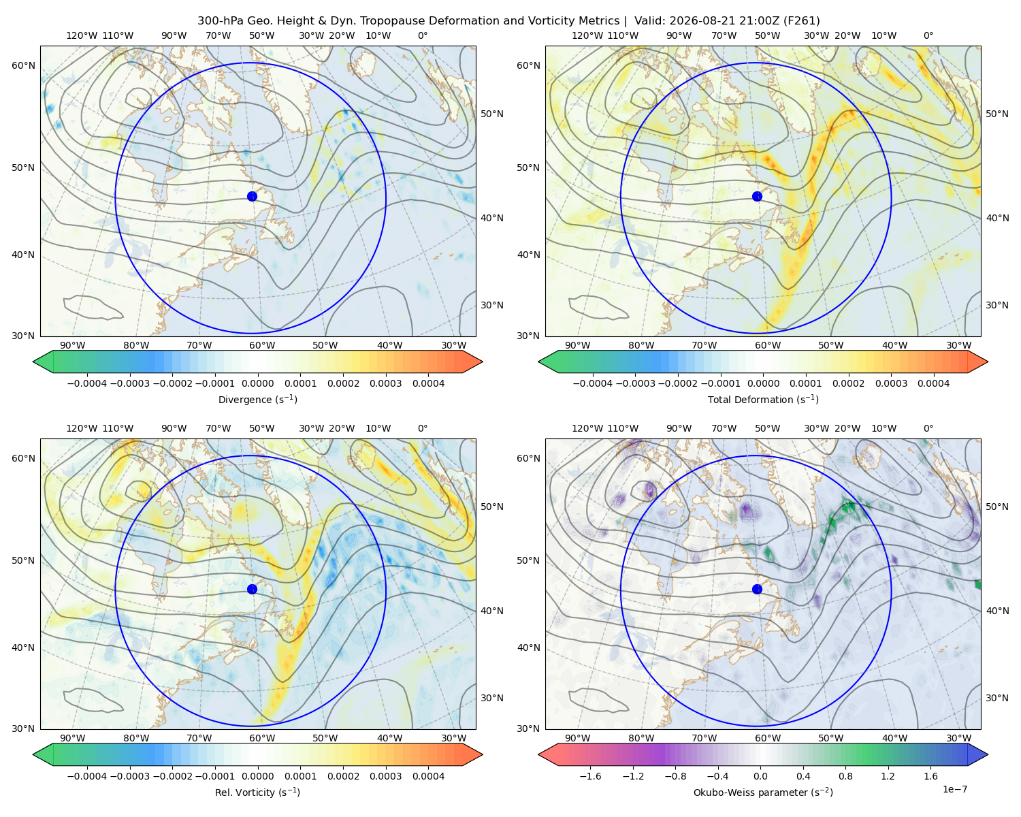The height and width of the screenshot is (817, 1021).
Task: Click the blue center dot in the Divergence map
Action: pos(252,196)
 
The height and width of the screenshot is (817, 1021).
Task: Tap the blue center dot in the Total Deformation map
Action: pos(757,196)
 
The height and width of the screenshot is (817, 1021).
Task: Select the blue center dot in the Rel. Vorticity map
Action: pos(252,589)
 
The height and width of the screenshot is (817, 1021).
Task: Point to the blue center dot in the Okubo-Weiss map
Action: pos(757,589)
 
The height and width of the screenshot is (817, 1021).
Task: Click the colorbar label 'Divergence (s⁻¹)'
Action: pos(257,399)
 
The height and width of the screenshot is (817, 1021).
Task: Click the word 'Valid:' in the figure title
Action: pos(651,21)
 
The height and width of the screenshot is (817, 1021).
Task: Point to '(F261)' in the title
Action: pos(801,21)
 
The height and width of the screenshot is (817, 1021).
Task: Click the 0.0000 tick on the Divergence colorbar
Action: pos(257,383)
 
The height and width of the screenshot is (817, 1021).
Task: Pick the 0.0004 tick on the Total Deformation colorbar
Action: pos(933,383)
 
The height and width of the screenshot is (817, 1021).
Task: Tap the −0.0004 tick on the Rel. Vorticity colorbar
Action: pos(87,776)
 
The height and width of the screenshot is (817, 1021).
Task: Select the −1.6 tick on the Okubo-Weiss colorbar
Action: pos(590,776)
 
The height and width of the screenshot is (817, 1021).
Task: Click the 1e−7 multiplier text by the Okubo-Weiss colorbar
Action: pos(954,789)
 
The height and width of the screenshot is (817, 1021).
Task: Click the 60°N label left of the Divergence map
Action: pos(23,65)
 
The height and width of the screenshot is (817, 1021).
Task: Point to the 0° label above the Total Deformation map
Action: pos(928,35)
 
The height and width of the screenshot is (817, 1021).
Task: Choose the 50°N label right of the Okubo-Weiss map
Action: pos(996,507)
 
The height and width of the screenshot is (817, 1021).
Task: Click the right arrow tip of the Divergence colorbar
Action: pos(483,362)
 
